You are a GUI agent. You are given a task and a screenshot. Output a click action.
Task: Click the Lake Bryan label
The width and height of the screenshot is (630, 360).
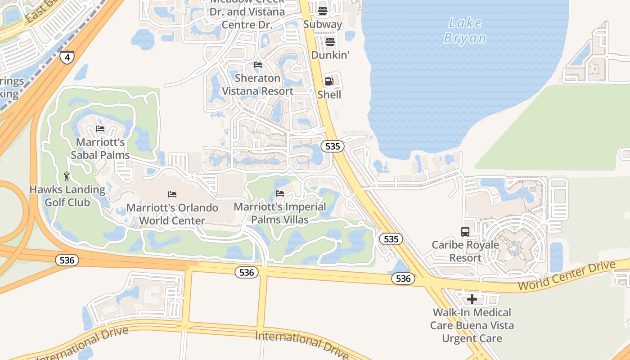pos(465,31)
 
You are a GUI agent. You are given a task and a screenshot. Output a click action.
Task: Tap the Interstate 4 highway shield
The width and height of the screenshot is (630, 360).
pos(67,57)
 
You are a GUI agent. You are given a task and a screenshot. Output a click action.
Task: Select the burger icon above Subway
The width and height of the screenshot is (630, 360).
pos(322,11)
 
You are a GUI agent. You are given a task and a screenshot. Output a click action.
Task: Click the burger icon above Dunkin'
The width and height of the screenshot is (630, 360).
pos(330,42)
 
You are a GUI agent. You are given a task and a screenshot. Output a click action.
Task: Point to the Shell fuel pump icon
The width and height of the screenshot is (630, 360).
pos(329,81)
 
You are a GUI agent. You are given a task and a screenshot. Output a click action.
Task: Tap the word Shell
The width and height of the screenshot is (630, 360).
pos(329,94)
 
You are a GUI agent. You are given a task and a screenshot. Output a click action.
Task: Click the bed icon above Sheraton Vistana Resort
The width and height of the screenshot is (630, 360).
pos(258,65)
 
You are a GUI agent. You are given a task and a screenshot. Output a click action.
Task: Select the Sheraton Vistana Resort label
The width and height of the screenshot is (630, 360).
pos(258,85)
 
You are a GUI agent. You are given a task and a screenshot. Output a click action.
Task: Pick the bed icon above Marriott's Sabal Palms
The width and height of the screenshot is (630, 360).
pos(100,129)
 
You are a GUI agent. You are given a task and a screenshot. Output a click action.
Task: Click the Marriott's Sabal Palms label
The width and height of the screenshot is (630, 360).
pos(100,149)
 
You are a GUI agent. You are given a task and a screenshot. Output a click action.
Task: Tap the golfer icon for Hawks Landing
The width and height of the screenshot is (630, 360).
pos(67,176)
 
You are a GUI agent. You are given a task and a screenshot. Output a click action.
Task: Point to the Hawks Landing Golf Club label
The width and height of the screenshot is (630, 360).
pos(67,196)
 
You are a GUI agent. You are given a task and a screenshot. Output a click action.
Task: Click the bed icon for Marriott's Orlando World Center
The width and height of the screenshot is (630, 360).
pos(172,194)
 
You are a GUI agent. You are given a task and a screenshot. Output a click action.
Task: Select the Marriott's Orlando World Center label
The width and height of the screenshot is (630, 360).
pos(172,214)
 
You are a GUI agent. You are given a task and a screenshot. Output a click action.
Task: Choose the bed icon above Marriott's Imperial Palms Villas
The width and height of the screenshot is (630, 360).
pos(280,193)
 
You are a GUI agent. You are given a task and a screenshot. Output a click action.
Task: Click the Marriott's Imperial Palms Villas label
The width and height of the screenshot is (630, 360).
pos(280,213)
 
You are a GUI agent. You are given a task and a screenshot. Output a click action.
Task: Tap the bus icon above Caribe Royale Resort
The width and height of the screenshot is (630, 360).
pos(465,232)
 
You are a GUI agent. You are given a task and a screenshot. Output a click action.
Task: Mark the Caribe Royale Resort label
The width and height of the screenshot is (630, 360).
pos(465,252)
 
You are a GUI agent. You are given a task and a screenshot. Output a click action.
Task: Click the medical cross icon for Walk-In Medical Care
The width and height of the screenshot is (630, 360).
pos(472,299)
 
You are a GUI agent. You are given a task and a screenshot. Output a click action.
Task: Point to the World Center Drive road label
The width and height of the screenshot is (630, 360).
pos(566,276)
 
